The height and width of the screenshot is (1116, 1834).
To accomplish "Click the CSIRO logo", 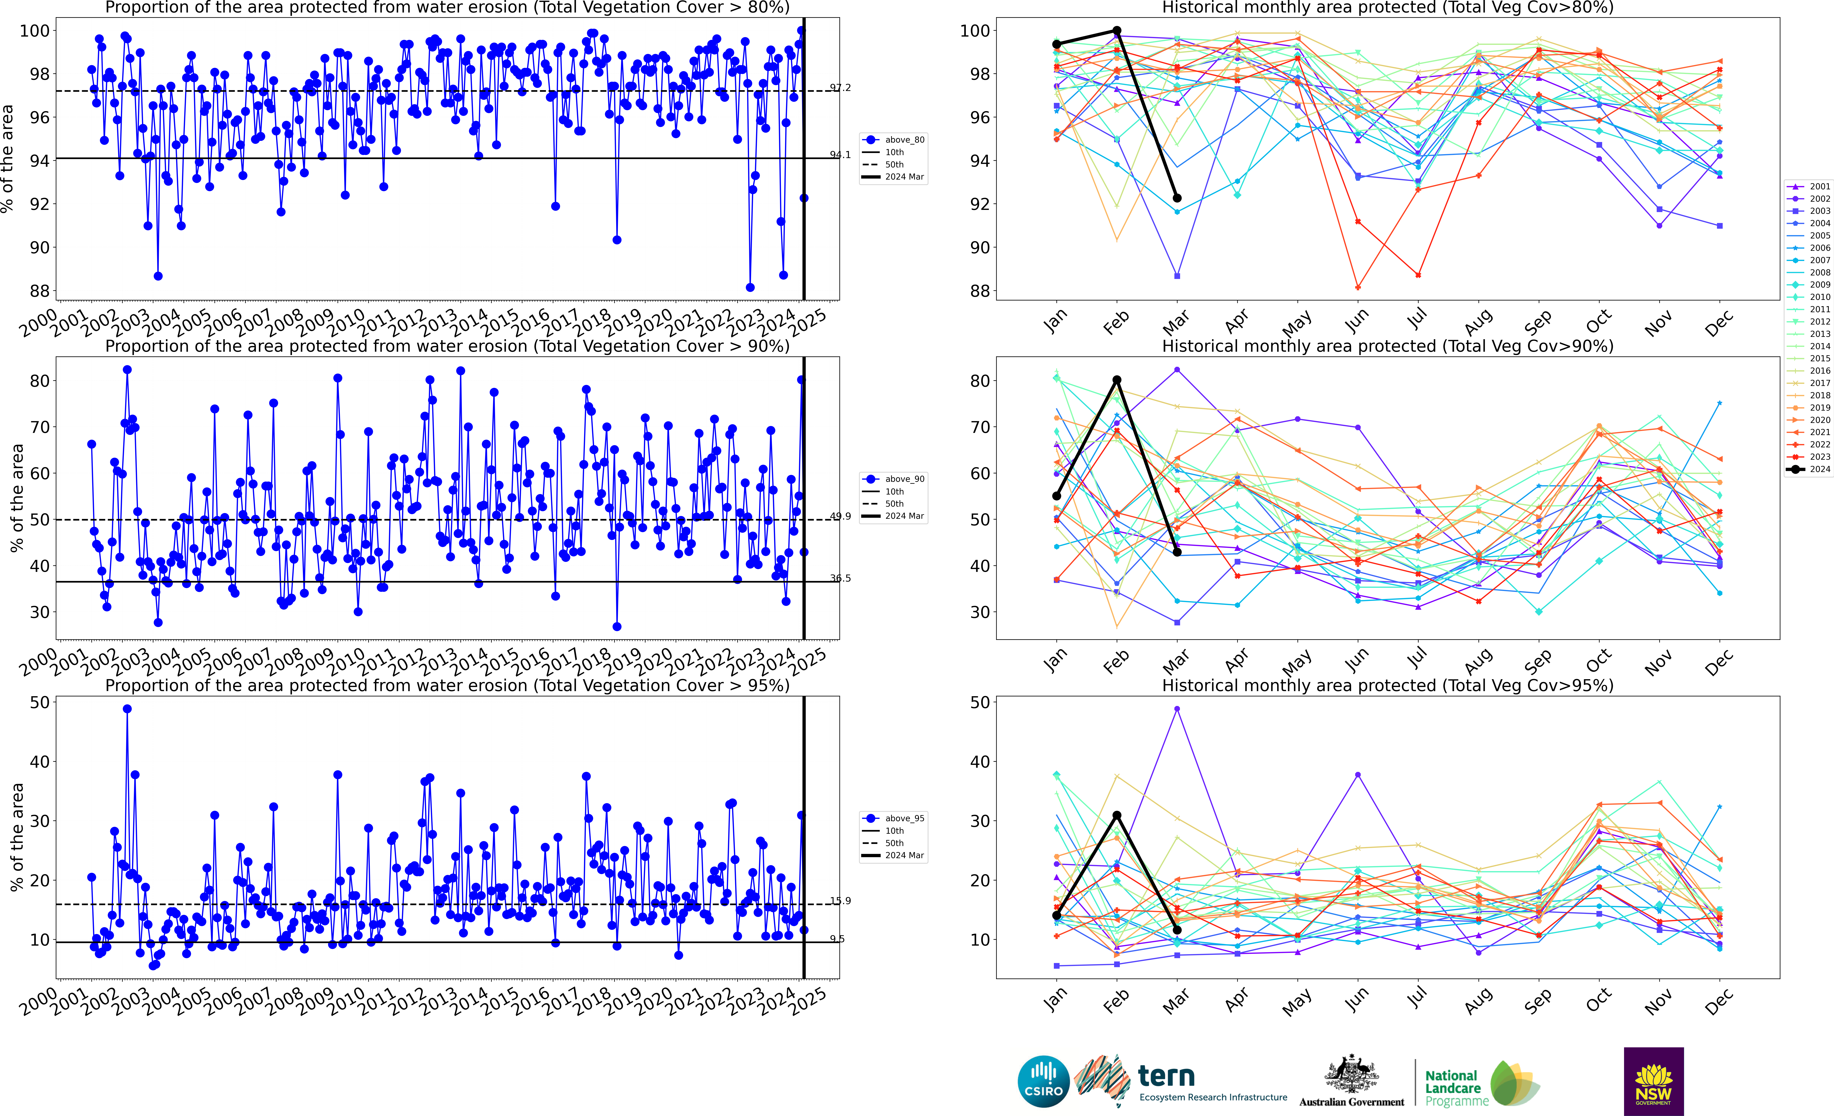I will [x=1043, y=1081].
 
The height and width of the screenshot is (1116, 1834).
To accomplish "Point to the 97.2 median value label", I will [x=840, y=88].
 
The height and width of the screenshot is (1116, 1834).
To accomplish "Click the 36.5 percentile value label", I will [x=840, y=578].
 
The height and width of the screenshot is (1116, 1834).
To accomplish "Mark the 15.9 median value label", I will [x=840, y=901].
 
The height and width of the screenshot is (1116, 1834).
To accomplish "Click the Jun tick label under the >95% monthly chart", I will [x=1356, y=1001].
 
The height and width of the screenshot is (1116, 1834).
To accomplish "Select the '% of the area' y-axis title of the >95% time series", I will [x=16, y=837].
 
